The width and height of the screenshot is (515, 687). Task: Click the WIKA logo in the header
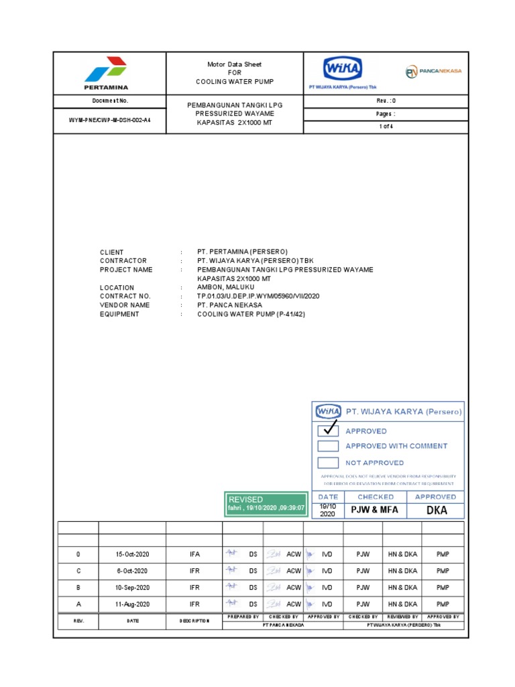(343, 69)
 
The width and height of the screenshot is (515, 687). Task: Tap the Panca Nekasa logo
(433, 72)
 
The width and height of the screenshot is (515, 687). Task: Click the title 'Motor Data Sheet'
(235, 64)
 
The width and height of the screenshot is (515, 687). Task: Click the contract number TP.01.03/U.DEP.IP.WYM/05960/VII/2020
(258, 296)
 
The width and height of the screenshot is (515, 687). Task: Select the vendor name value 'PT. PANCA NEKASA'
(229, 305)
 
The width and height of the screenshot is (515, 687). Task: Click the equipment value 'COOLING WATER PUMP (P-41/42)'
(251, 314)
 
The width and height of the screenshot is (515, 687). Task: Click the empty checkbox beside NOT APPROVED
(327, 462)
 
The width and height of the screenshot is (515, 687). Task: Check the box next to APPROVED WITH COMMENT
(327, 446)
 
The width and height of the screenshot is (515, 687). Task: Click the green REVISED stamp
(266, 505)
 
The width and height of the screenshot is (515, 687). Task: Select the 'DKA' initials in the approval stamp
(436, 511)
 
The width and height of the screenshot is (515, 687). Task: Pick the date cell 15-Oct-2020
(132, 554)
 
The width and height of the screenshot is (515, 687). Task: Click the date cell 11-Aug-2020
(132, 604)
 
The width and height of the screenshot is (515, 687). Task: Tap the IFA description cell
(194, 554)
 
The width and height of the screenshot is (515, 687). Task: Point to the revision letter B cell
(78, 587)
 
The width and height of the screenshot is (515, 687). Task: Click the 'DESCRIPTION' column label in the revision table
(194, 621)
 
